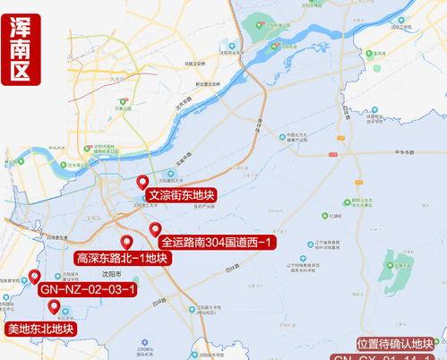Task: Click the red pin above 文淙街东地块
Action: click(142, 183)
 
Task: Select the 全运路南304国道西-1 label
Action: click(219, 242)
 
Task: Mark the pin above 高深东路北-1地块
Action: click(127, 243)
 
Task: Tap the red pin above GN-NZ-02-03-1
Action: click(34, 277)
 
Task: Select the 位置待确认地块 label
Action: click(394, 343)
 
